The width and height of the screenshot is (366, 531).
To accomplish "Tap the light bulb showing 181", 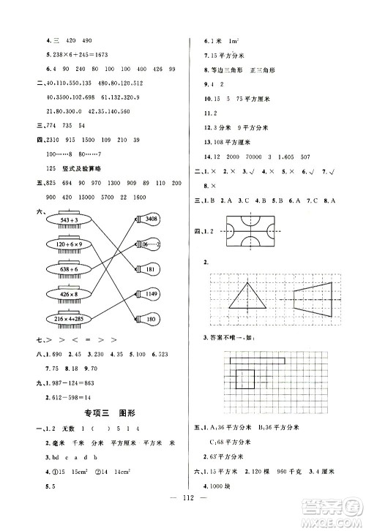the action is click(149, 269).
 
